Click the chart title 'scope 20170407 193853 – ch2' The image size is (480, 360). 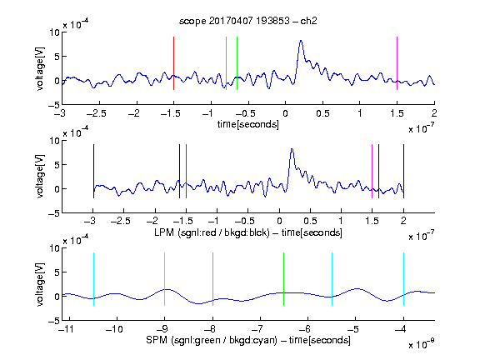248,21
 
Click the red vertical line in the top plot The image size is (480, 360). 173,63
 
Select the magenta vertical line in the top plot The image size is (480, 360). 397,63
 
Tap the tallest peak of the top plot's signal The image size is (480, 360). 301,41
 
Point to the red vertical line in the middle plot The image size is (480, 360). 186,172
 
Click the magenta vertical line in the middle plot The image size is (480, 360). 372,172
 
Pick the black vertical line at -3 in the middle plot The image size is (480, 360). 93,172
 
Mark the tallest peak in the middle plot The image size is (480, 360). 292,149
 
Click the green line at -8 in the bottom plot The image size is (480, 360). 212,279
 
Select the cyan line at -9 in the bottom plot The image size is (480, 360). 164,279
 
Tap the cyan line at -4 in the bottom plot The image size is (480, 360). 403,279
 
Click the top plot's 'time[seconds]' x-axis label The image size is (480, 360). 248,124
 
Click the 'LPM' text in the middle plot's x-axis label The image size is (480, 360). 164,232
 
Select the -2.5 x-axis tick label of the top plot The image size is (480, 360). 96,113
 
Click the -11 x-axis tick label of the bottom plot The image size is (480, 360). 66,329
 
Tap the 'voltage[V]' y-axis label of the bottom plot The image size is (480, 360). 40,284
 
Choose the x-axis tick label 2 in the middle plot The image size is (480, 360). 403,221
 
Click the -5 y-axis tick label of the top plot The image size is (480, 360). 54,106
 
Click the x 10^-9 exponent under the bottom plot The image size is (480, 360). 422,344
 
